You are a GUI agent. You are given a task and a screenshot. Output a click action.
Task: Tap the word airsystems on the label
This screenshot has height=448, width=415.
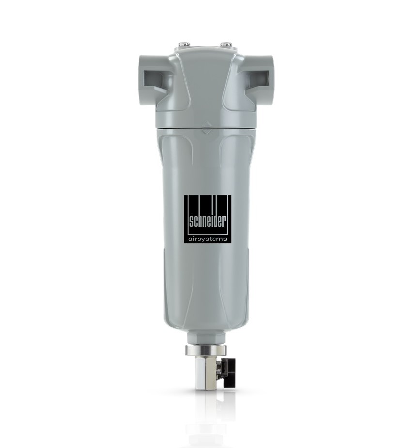click(207, 239)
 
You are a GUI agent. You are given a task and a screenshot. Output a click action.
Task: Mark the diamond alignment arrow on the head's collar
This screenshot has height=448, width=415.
click(207, 127)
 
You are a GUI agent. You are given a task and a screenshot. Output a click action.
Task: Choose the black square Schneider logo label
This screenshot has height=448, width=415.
click(207, 220)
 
